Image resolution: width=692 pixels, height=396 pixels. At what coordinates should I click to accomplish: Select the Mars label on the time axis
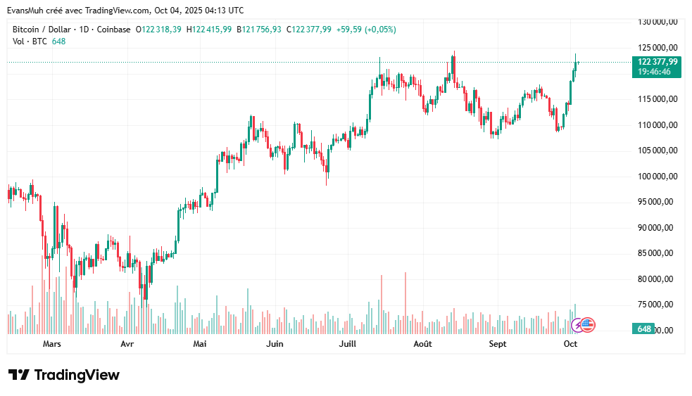[52, 344]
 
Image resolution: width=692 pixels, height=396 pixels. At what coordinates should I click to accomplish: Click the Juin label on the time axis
[275, 344]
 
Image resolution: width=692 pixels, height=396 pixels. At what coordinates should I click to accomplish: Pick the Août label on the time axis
[422, 344]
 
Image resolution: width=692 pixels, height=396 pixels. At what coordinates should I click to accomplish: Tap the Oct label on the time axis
[571, 344]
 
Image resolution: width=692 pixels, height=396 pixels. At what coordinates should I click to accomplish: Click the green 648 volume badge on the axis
[643, 329]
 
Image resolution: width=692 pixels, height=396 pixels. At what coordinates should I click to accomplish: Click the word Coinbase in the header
[113, 30]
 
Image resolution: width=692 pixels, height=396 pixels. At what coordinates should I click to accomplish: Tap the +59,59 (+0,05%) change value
[366, 30]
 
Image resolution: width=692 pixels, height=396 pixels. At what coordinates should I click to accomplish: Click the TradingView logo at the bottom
[64, 375]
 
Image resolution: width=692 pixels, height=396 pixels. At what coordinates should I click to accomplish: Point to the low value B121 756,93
[259, 30]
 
